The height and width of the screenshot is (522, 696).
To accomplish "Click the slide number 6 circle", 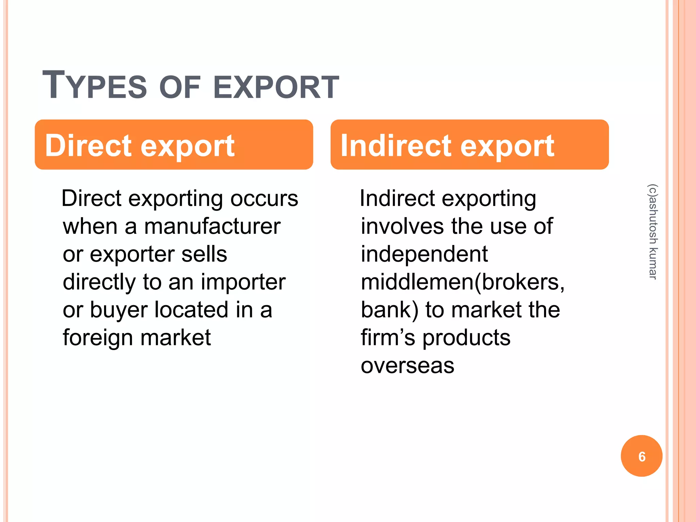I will (x=641, y=456).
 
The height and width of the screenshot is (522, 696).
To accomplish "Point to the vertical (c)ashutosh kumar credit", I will (x=653, y=232).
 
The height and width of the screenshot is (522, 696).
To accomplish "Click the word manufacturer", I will (x=212, y=226).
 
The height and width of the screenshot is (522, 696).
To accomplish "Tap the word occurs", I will (x=264, y=198).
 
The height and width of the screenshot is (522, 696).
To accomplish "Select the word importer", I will (x=243, y=282).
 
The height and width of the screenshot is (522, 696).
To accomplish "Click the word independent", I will (x=424, y=254).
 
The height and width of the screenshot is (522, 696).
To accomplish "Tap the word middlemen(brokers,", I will (x=463, y=282).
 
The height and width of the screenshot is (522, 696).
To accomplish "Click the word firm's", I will (x=388, y=338).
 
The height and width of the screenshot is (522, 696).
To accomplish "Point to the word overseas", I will (x=407, y=366).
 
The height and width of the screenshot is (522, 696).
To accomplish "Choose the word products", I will (x=466, y=338).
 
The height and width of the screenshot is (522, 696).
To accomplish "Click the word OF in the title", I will (x=180, y=87).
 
